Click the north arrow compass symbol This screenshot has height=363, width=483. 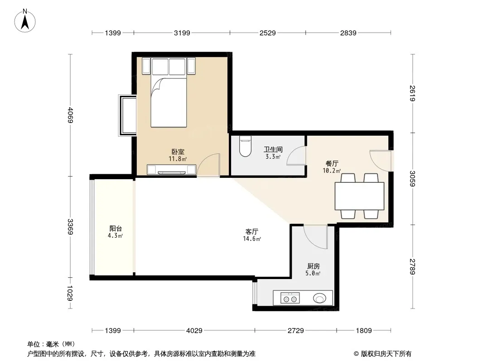click(x=25, y=21)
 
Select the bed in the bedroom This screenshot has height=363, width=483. click(x=169, y=93)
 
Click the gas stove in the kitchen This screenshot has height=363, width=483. click(x=290, y=299)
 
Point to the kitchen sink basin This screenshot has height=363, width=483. click(x=319, y=298)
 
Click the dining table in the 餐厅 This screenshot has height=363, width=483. click(x=359, y=196)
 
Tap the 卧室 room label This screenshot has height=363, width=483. click(x=178, y=152)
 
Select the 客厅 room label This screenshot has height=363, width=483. click(x=251, y=231)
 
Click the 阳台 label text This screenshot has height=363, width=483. click(x=116, y=229)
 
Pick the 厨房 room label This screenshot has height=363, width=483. click(x=313, y=266)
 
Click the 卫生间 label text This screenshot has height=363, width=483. click(x=273, y=150)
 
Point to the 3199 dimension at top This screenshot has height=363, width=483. click(x=182, y=33)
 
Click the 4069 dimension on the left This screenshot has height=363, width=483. click(x=70, y=115)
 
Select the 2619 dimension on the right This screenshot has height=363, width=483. click(x=412, y=93)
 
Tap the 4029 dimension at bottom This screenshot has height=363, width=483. click(x=194, y=331)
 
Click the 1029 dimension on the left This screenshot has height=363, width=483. click(x=70, y=293)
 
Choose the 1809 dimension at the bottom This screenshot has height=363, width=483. click(x=364, y=331)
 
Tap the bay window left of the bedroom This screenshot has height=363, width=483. click(x=127, y=115)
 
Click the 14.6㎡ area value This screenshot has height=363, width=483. click(x=252, y=239)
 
